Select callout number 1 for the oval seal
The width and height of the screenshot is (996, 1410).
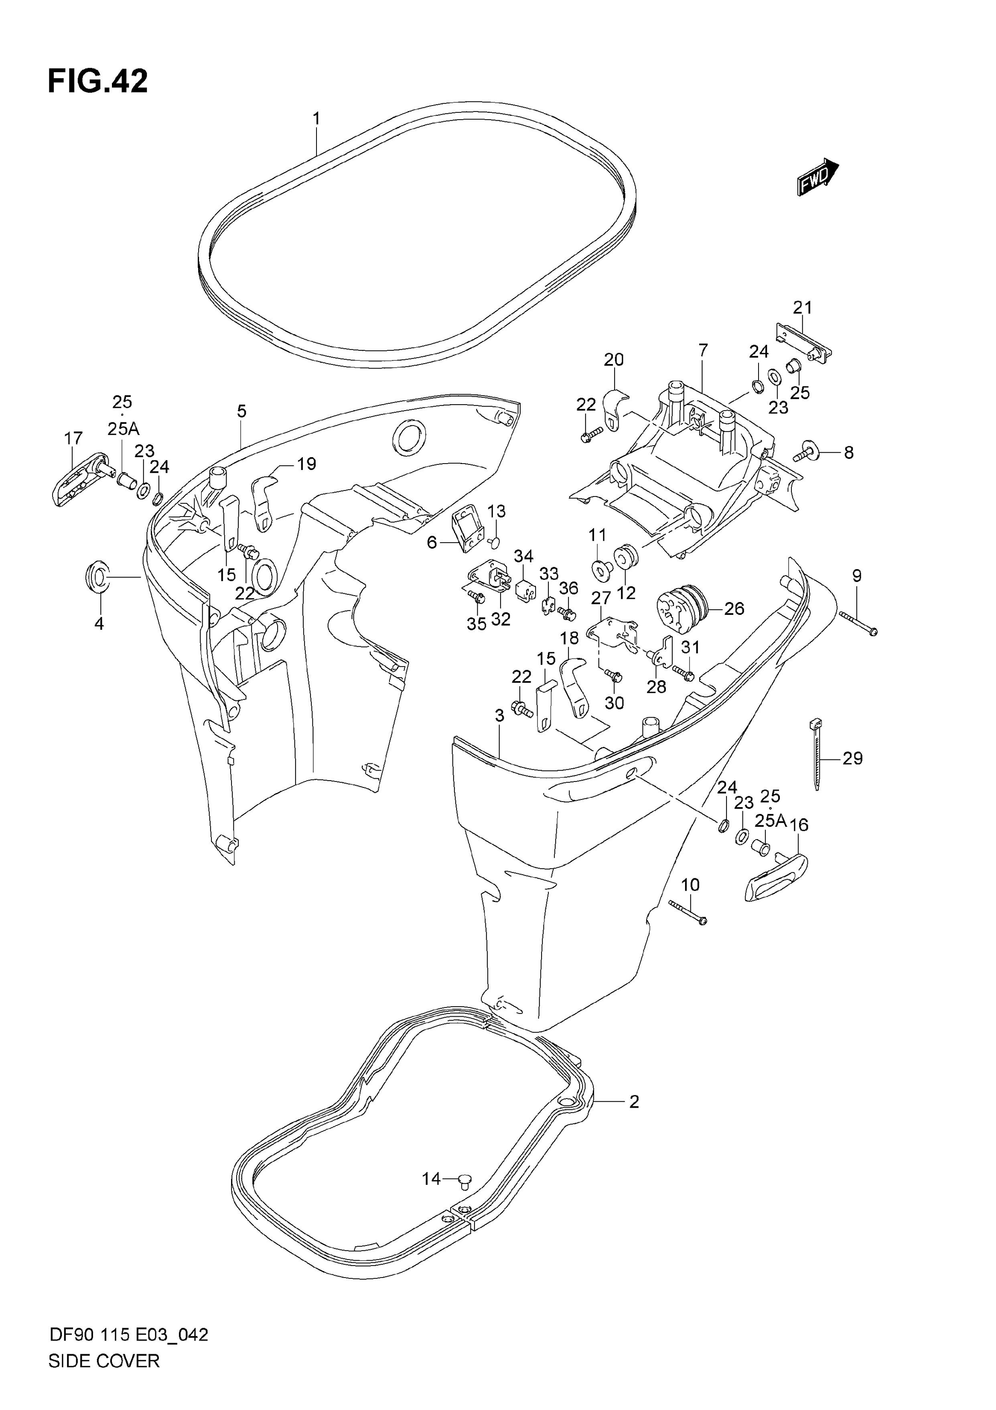pos(316,118)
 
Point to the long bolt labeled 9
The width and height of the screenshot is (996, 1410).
pos(857,620)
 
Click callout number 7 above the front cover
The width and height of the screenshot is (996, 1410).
pos(703,351)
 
